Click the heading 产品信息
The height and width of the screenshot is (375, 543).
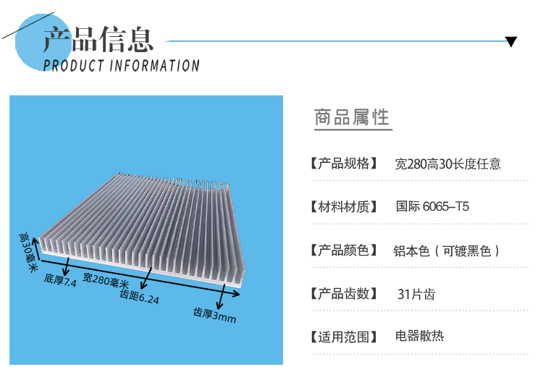(x=98, y=39)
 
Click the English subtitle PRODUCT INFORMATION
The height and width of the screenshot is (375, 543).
(x=121, y=66)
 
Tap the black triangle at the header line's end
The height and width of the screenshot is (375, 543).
(x=511, y=41)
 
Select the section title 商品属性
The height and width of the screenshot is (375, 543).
(x=352, y=117)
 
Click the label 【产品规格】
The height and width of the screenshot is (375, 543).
(x=344, y=164)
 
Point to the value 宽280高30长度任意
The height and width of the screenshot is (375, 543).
(x=447, y=164)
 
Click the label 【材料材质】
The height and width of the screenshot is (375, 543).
(x=344, y=207)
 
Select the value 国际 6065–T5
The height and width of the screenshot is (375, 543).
(x=432, y=207)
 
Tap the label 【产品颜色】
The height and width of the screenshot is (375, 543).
(x=344, y=250)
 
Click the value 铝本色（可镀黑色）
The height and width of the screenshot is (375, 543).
(x=447, y=250)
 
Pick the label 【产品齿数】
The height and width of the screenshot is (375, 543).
(x=344, y=294)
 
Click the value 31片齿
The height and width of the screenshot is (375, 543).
(x=416, y=294)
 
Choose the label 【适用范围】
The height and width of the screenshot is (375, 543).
(x=344, y=337)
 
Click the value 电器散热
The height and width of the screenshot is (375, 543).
(x=419, y=336)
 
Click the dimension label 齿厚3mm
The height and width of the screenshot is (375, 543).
(x=214, y=315)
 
